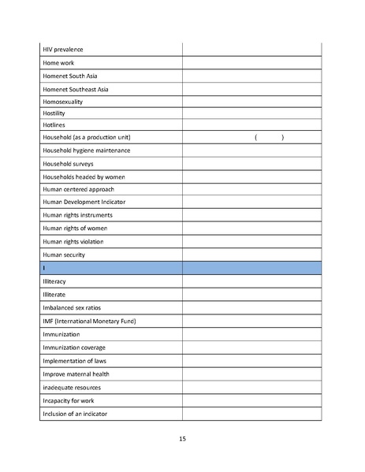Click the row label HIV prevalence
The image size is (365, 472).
[63, 50]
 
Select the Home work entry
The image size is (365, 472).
[59, 62]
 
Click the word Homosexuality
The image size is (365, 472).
[63, 102]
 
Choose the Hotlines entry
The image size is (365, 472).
[54, 125]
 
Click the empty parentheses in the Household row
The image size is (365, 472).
[270, 138]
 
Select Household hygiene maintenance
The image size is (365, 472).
[86, 151]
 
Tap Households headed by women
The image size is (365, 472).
[83, 177]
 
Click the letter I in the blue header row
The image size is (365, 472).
[44, 268]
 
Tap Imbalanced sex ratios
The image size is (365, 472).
[72, 307]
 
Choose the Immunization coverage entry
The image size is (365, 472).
[74, 347]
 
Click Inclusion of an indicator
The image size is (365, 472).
[75, 414]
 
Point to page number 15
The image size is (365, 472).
[182, 439]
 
